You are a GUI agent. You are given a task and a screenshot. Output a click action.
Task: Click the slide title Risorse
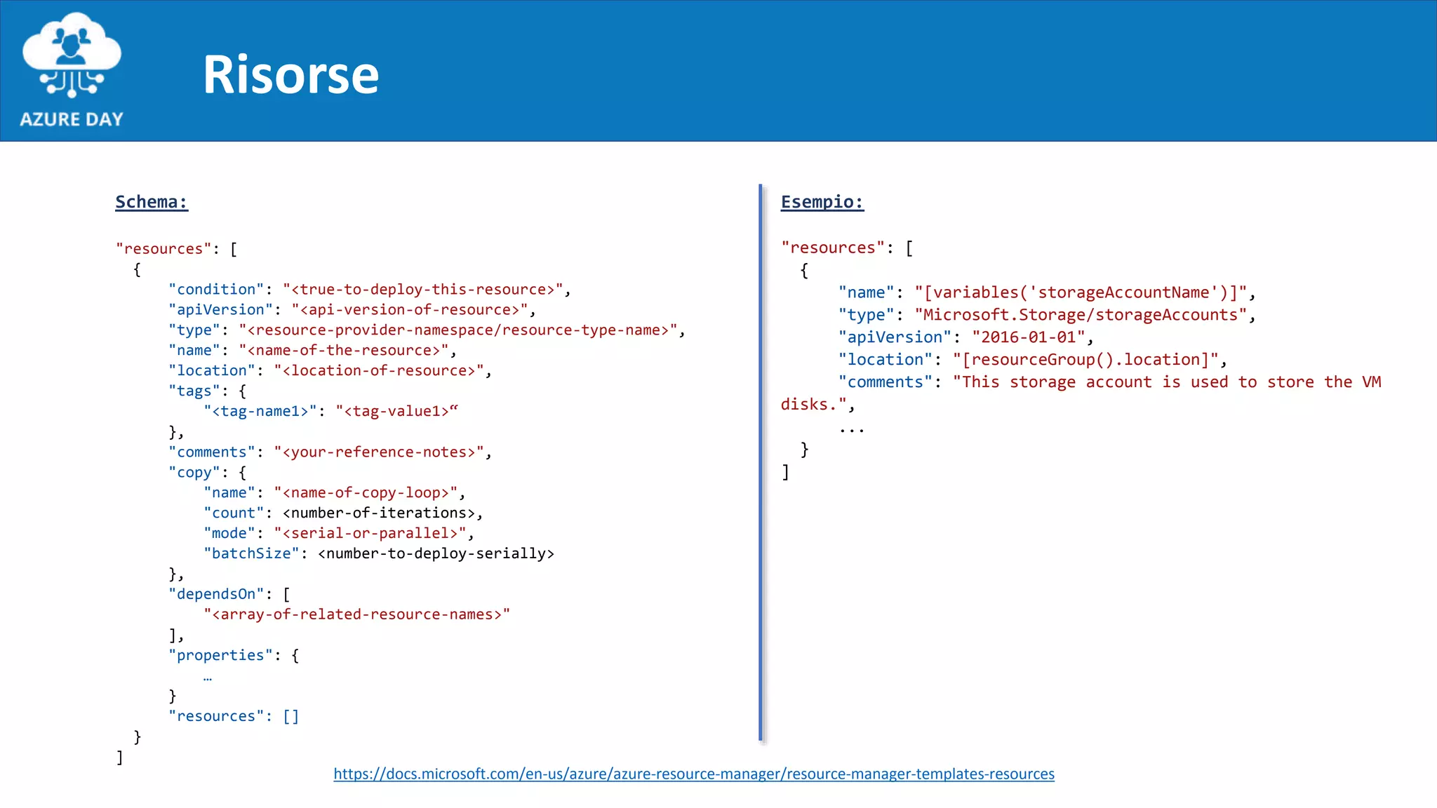[x=290, y=74]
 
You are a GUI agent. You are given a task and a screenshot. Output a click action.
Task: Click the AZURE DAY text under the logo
[x=72, y=119]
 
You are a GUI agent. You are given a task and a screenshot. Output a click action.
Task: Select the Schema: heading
[x=152, y=202]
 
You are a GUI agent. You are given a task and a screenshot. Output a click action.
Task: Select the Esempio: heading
[x=822, y=202]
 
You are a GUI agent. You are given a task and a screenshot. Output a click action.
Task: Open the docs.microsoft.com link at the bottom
[x=693, y=774]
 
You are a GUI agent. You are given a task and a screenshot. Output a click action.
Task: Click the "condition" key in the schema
[x=216, y=290]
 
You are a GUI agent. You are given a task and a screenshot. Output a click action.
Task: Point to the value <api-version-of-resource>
[x=410, y=310]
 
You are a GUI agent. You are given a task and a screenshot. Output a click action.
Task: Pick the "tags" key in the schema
[x=194, y=391]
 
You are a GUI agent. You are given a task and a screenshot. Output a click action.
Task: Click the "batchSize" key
[x=251, y=553]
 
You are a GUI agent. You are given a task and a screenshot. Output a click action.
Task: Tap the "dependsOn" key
[x=216, y=594]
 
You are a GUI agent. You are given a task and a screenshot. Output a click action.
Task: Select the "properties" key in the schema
[x=220, y=655]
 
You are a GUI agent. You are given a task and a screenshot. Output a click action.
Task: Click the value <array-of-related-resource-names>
[x=357, y=614]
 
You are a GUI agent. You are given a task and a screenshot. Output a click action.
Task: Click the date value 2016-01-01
[x=1029, y=337]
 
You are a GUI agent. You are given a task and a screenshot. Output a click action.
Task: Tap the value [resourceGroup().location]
[x=1086, y=360]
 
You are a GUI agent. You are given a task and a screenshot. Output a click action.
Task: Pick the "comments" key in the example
[x=885, y=382]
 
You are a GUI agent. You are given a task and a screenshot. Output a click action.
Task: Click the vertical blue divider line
[x=761, y=463]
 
